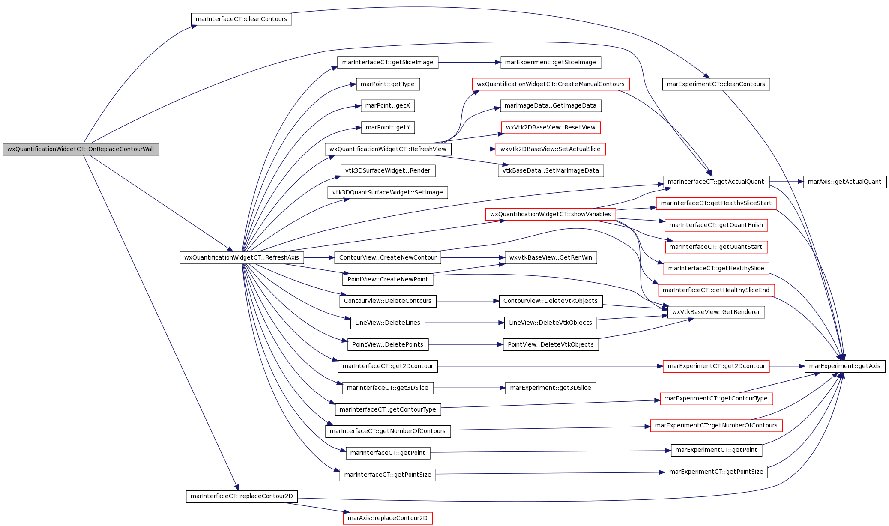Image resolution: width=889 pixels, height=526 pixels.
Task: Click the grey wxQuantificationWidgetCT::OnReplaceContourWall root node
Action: coord(81,149)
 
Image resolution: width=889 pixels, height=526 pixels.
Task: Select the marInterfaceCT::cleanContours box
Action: coord(241,19)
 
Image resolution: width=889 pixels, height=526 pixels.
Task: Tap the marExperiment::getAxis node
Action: coord(844,366)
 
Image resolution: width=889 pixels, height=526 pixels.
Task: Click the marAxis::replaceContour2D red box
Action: coord(388,518)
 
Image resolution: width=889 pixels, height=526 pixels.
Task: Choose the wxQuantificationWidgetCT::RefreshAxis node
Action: coord(242,257)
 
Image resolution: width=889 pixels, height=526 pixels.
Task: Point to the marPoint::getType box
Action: coord(388,84)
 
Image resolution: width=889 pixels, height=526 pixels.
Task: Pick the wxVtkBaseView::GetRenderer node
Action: coord(716,312)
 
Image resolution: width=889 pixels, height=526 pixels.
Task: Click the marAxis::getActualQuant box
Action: coord(844,182)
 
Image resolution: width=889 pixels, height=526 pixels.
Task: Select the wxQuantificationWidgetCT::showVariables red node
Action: coord(551,214)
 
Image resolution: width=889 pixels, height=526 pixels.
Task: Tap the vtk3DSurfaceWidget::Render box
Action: coord(388,170)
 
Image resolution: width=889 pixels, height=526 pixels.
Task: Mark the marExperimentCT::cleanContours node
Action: coord(716,84)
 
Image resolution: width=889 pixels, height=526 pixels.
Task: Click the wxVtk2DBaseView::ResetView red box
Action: coord(551,127)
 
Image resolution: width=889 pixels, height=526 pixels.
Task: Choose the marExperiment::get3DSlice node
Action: coord(551,388)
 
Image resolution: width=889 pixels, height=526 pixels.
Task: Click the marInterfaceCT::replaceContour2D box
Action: coord(242,496)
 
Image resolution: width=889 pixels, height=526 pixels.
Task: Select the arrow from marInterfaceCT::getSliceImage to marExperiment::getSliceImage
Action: coord(469,62)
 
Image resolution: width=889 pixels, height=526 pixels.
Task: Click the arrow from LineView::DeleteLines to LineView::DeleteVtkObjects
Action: coord(464,323)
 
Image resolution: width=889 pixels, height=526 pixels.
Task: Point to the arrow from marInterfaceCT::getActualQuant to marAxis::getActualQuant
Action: coord(787,182)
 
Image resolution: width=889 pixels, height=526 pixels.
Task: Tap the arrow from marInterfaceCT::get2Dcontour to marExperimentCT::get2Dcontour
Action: coord(550,366)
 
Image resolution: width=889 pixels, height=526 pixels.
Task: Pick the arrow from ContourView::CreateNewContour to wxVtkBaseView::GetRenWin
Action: coord(473,257)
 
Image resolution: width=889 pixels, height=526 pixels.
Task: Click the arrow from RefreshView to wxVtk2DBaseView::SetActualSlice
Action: coord(473,149)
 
